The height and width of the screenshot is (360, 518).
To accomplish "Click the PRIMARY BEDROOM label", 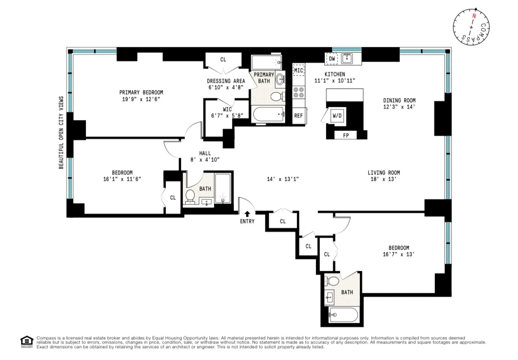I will [141, 93].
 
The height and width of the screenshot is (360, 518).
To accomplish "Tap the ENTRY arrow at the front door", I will [247, 214].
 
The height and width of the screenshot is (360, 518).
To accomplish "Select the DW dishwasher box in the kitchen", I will [332, 59].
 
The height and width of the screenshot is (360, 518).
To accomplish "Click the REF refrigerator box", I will [299, 115].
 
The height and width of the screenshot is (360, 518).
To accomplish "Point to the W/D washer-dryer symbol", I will [337, 115].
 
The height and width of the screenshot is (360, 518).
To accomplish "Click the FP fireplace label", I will [345, 136].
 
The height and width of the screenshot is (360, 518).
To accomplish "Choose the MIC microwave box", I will [299, 70].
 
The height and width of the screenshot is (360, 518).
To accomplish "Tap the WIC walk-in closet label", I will [227, 109].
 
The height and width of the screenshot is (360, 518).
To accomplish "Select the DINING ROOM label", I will [399, 101].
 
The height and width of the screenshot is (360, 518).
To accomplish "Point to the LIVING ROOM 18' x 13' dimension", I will [384, 179].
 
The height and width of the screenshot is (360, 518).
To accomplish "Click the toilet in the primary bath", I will [276, 96].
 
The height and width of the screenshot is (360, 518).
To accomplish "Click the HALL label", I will [205, 153].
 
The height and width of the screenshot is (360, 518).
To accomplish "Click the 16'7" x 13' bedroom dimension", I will [399, 254].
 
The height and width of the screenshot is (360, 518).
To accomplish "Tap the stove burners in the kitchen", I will [299, 93].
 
